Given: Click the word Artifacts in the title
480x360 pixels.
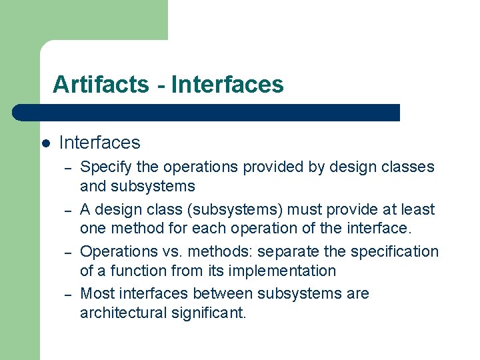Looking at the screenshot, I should [101, 85].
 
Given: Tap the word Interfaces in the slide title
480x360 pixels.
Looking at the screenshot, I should [227, 85].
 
